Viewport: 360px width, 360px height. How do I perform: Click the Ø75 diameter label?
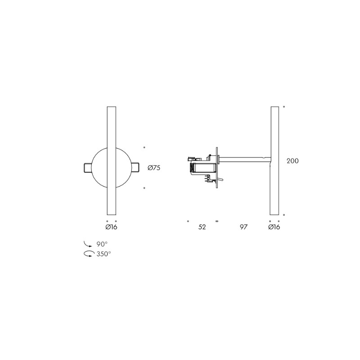click(x=154, y=168)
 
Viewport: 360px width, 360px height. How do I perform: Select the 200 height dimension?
click(x=292, y=161)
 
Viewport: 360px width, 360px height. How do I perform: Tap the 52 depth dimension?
click(x=202, y=227)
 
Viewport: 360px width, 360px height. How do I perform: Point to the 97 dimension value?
click(x=243, y=227)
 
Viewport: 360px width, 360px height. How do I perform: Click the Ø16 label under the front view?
click(x=111, y=227)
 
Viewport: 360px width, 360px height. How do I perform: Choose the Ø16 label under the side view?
click(x=274, y=227)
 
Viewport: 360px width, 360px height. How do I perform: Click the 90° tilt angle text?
click(x=102, y=244)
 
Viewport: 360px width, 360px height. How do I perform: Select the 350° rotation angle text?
click(x=104, y=254)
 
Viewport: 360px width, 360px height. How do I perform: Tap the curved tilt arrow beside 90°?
click(x=88, y=244)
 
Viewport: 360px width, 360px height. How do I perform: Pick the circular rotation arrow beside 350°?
click(x=89, y=254)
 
